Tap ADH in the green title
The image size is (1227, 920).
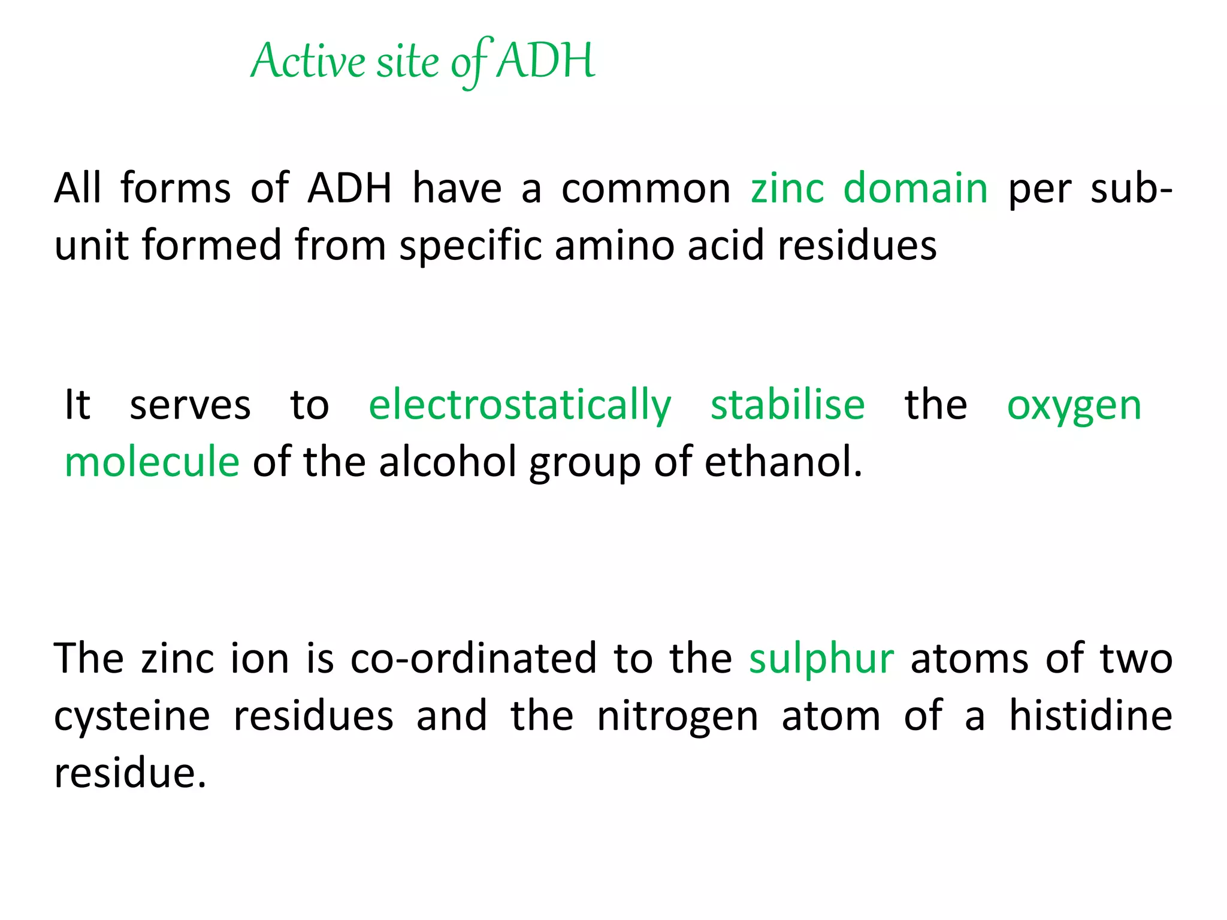click(546, 60)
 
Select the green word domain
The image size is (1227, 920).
click(915, 188)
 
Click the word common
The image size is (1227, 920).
click(646, 188)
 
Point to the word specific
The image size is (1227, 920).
click(470, 246)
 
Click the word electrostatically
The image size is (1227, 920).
click(519, 405)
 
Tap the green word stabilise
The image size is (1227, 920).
click(788, 404)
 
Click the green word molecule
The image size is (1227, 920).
click(152, 462)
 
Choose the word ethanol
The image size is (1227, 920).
click(783, 462)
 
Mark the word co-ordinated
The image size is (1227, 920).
click(473, 658)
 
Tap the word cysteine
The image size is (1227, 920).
click(132, 717)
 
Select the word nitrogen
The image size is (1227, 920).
click(678, 717)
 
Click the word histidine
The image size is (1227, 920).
click(1090, 716)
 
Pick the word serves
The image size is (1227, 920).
click(190, 405)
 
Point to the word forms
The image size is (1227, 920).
click(176, 188)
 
